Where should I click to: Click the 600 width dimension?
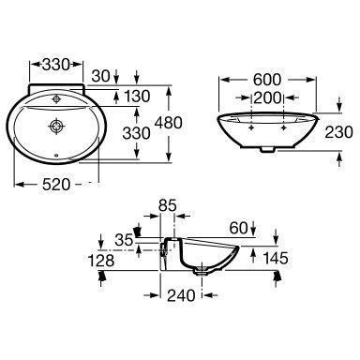coord(267,80)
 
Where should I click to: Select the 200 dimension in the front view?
coord(267,98)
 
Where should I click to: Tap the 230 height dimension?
coord(338,132)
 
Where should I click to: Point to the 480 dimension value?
coord(169,123)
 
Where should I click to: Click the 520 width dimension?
coord(56,185)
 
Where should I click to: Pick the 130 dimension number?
coord(137,97)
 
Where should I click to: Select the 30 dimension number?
coord(101,76)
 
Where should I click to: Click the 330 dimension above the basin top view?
coord(55,65)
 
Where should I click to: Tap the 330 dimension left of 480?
coord(136,134)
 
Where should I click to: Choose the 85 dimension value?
coord(168,205)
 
